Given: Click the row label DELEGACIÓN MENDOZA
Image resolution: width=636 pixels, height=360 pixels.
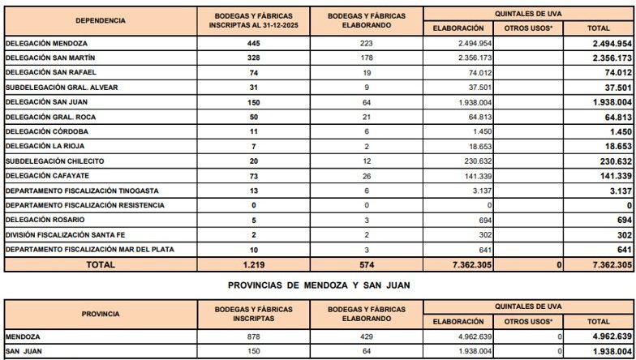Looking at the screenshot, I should (46, 42).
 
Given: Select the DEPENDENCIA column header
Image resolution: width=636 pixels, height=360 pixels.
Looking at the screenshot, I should (101, 20).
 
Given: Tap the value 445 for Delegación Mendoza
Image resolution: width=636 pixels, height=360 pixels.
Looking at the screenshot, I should (254, 42).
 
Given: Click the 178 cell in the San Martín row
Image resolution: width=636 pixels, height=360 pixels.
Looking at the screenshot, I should (369, 58).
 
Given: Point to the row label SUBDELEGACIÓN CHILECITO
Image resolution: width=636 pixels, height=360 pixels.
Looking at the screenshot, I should (54, 161).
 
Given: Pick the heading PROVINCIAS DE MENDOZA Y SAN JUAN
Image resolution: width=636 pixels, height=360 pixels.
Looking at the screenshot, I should (319, 285).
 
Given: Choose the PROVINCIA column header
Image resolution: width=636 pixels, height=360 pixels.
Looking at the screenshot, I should (101, 314).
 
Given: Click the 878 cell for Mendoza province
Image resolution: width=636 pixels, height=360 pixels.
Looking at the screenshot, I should (254, 336).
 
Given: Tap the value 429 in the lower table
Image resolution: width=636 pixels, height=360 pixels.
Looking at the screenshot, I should (369, 336).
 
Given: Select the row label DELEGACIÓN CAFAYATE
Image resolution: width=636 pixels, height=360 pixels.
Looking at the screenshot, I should (47, 176).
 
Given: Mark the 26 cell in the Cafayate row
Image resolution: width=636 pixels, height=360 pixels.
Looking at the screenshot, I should (369, 176).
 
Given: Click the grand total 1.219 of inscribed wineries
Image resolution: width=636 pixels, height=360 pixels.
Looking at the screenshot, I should (254, 264).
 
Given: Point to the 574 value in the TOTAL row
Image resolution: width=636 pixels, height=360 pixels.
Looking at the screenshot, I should (369, 264).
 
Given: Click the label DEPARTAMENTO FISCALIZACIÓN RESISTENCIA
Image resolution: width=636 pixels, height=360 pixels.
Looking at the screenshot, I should (85, 205).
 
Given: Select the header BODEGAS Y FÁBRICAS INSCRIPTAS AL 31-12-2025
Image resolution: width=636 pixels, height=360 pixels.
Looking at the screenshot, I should (254, 20).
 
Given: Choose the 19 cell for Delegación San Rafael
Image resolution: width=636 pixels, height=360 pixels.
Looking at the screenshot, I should (369, 72).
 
